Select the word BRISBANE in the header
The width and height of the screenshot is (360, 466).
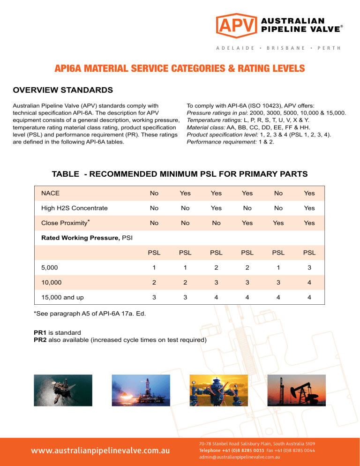click(285, 48)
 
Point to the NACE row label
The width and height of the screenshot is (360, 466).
click(50, 193)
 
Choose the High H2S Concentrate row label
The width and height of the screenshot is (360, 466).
click(74, 208)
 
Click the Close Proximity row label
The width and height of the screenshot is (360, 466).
click(65, 223)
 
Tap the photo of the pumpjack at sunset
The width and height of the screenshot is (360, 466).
click(297, 390)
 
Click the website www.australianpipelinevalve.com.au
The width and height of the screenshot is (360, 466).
click(100, 451)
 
